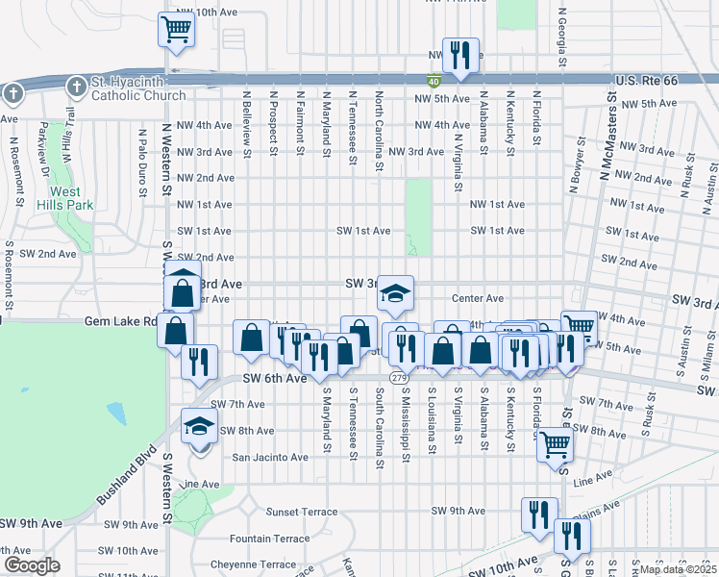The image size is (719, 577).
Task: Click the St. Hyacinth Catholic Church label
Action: (x=138, y=89)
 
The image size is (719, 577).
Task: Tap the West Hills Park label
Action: (x=65, y=197)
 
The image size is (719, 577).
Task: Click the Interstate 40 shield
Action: (x=435, y=82)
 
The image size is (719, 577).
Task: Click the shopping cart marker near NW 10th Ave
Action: (x=177, y=30)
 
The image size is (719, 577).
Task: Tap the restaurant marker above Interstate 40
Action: (x=460, y=56)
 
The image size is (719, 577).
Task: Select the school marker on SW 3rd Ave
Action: (x=395, y=295)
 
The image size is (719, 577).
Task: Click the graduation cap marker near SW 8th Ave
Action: (x=199, y=428)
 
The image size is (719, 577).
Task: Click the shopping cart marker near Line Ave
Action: (x=556, y=446)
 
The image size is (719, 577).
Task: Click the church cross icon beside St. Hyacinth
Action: (x=76, y=89)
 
